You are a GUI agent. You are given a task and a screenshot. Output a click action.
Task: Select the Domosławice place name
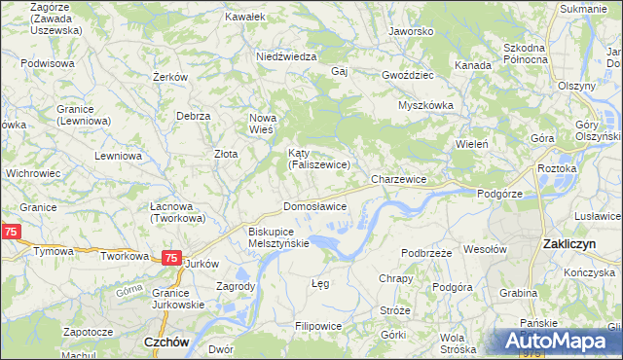tap(314, 207)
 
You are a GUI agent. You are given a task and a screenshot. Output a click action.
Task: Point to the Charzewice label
tap(399, 180)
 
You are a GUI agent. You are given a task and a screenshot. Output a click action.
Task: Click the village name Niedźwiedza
tap(286, 56)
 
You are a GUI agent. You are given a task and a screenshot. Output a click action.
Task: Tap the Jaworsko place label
tap(410, 31)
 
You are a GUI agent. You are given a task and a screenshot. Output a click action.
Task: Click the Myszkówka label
tap(426, 105)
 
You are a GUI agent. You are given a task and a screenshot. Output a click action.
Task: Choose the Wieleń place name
tap(471, 144)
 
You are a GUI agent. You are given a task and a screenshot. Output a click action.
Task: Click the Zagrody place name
tap(237, 287)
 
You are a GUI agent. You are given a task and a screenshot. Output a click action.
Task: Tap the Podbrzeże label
tap(424, 252)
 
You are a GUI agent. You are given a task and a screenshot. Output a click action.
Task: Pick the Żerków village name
tap(170, 77)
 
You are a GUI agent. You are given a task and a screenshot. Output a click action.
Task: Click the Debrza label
tap(194, 116)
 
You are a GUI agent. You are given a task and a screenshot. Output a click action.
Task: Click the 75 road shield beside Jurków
tap(170, 258)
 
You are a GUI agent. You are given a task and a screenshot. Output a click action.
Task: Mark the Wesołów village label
tap(486, 249)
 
